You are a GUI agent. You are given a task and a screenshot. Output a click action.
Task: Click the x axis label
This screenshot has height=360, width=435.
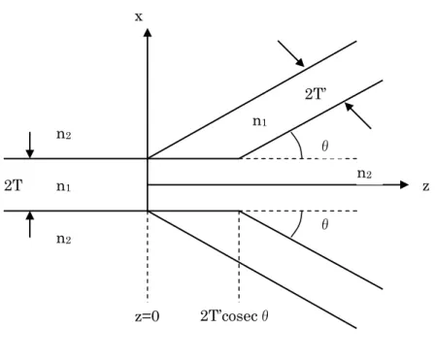pos(139,16)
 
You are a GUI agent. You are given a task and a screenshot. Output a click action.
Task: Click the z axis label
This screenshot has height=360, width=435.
pos(426,186)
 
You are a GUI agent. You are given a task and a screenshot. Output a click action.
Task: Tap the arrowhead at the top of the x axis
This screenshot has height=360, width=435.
pos(148,32)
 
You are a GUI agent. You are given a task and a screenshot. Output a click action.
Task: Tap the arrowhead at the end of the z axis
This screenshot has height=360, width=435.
pos(405,184)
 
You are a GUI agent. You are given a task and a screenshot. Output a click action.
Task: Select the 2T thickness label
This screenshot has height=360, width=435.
pos(14,186)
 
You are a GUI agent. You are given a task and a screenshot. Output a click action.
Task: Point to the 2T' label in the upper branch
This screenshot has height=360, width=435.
pos(316,94)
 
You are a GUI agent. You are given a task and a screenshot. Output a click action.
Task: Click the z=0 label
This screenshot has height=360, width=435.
pos(148,316)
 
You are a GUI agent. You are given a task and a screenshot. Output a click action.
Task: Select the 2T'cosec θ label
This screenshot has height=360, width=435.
pos(234,316)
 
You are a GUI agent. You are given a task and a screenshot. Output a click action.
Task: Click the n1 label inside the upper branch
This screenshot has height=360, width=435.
pos(259,121)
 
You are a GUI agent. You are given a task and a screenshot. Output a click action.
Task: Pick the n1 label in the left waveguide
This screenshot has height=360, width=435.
pos(63,186)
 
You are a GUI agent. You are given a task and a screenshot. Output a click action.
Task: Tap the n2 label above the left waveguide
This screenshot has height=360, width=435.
pos(63,134)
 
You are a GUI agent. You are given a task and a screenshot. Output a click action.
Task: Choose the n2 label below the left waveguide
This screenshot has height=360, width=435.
pos(63,239)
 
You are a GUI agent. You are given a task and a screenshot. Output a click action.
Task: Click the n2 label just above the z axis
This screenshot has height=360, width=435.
pos(364,174)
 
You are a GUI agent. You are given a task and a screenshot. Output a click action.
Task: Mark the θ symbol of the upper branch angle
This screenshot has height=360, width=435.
pos(325,147)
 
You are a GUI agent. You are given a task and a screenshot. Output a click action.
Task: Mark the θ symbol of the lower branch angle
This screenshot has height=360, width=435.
pos(325,224)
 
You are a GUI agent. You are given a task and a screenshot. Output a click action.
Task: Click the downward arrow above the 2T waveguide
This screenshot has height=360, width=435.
pos(30,146)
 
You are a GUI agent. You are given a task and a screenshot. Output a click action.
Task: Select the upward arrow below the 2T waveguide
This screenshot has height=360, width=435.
pos(30,224)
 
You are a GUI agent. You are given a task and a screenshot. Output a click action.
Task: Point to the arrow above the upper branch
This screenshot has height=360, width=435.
pos(291,53)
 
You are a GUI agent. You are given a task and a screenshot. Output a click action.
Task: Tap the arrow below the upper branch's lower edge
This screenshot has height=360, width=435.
pos(357,115)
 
